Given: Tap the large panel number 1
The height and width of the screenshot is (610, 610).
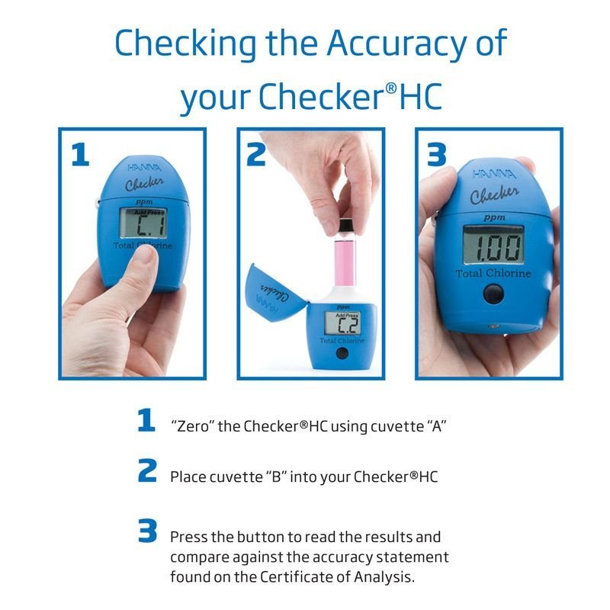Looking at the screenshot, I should pos(80,154).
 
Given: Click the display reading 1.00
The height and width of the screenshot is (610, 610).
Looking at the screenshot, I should pos(494,246).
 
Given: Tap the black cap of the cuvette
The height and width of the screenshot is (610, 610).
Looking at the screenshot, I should pos(345,226).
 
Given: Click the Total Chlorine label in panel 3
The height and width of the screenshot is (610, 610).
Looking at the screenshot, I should pos(495,273).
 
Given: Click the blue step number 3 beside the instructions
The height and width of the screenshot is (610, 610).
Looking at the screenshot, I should pos(147,531).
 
